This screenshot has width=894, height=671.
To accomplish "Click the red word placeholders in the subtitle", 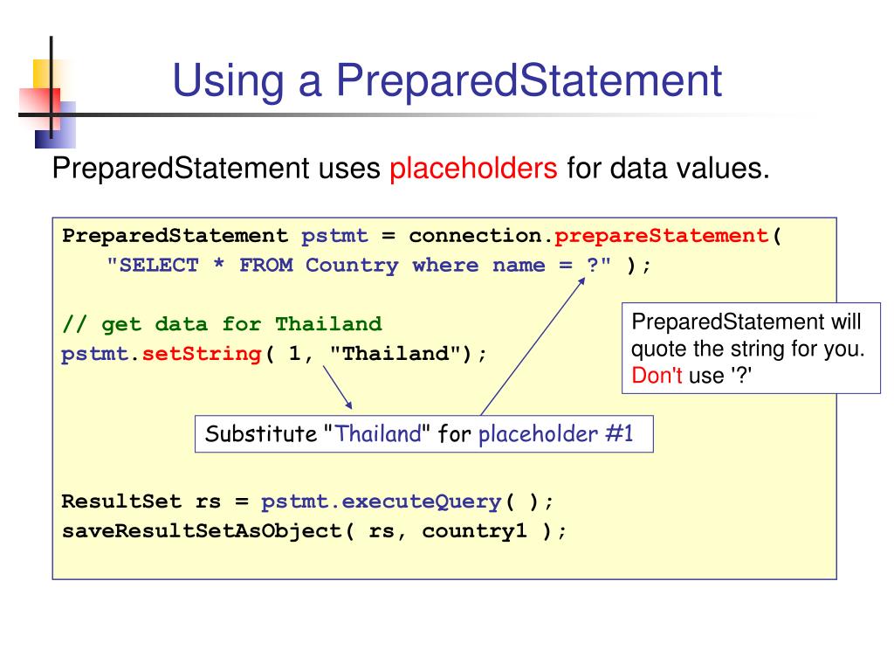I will (x=473, y=168).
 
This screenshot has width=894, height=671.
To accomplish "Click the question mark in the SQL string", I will (x=592, y=266).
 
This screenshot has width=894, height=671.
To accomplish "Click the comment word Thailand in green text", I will (x=328, y=325).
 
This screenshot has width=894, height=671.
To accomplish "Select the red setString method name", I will (x=202, y=355).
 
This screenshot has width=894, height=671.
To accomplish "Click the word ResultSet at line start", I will (x=121, y=502).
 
